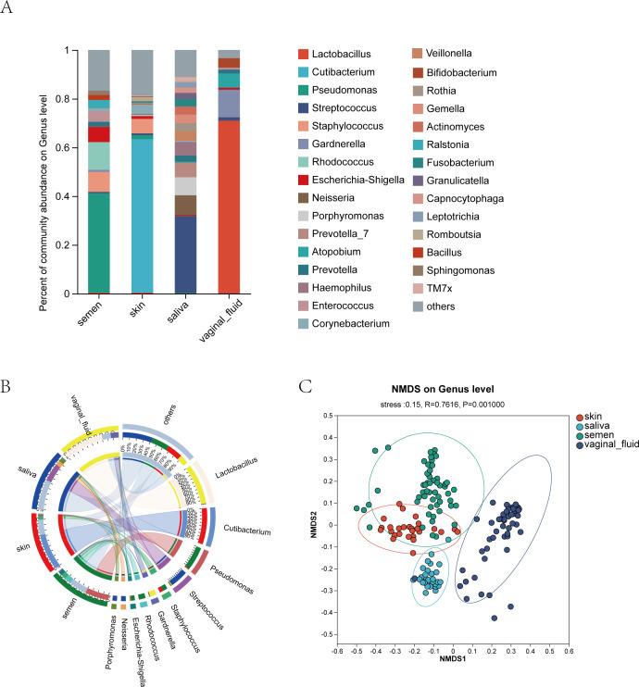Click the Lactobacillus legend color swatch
pyautogui.click(x=303, y=56)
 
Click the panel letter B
pyautogui.click(x=10, y=382)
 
